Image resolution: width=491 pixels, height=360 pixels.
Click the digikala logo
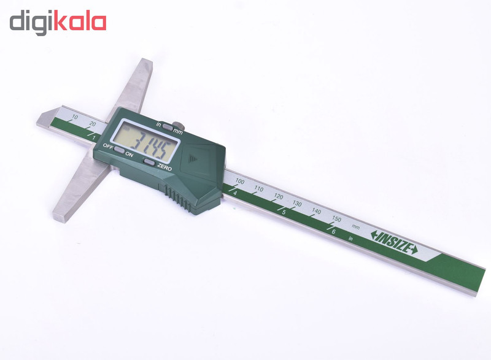click(58, 23)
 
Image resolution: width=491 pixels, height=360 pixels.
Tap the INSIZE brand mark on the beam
click(393, 242)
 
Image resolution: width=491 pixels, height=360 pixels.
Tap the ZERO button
click(149, 161)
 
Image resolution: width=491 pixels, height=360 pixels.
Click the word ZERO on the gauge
click(164, 166)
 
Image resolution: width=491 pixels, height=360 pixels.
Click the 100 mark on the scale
click(240, 182)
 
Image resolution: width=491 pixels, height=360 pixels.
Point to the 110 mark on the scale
click(259, 189)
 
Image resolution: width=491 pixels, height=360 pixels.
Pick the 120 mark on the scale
click(278, 196)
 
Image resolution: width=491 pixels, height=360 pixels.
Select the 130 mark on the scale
click(297, 203)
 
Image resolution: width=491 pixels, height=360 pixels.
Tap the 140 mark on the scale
click(316, 210)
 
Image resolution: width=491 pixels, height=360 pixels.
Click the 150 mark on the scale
click(336, 218)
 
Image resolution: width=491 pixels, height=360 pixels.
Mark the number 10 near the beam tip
click(75, 117)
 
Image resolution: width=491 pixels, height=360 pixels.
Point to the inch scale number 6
click(333, 232)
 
